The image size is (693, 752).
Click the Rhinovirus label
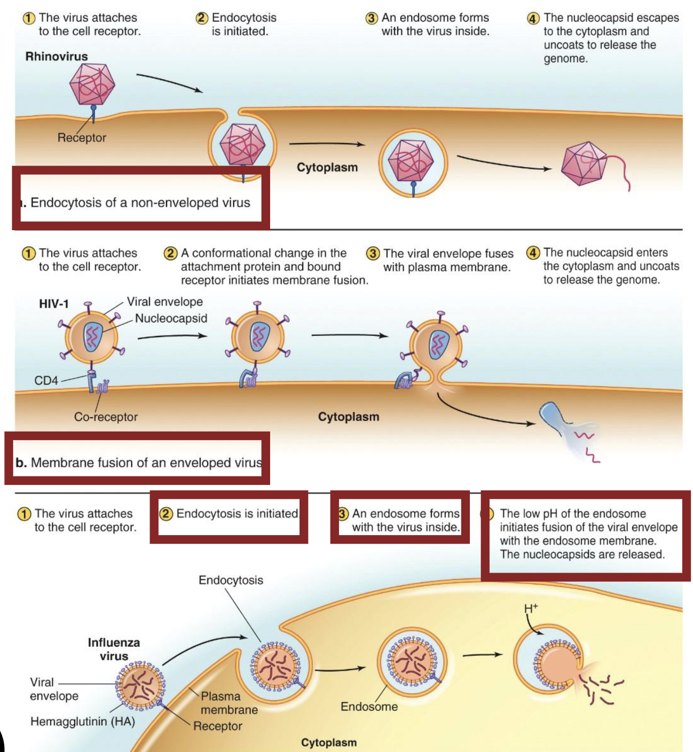point(57,57)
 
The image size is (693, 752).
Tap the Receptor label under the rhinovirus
point(82,138)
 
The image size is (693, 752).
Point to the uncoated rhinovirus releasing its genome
point(585,163)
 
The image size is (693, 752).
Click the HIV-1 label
point(54,304)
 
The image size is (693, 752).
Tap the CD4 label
point(46,381)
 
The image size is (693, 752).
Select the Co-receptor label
point(106,417)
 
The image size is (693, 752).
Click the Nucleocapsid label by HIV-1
point(171,319)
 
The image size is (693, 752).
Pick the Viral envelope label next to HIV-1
point(164,302)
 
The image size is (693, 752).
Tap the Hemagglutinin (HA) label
point(83,722)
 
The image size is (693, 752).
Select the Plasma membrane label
point(229,703)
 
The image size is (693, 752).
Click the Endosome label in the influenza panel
point(369,707)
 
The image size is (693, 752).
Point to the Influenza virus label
point(114,649)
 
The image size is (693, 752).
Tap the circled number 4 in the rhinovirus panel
point(533,18)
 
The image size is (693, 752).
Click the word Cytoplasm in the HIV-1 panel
point(349,417)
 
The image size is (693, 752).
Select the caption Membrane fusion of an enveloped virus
point(139,463)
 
